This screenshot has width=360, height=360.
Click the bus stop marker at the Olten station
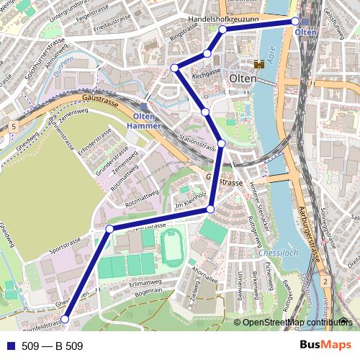[295, 22]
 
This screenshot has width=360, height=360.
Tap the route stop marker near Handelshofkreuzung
[223, 30]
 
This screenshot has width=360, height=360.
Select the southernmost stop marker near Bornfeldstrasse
[64, 319]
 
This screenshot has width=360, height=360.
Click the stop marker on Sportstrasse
[110, 229]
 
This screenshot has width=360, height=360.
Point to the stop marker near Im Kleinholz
[210, 209]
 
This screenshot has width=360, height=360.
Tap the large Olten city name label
[243, 78]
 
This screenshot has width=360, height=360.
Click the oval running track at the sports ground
[172, 246]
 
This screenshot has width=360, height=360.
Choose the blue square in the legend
[10, 346]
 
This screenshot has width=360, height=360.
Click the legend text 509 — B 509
[53, 346]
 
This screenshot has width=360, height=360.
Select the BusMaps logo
[323, 346]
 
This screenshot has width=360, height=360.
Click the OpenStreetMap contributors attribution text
[297, 323]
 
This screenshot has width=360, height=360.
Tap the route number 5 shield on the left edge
[13, 127]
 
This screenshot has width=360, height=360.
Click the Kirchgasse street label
[205, 74]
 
